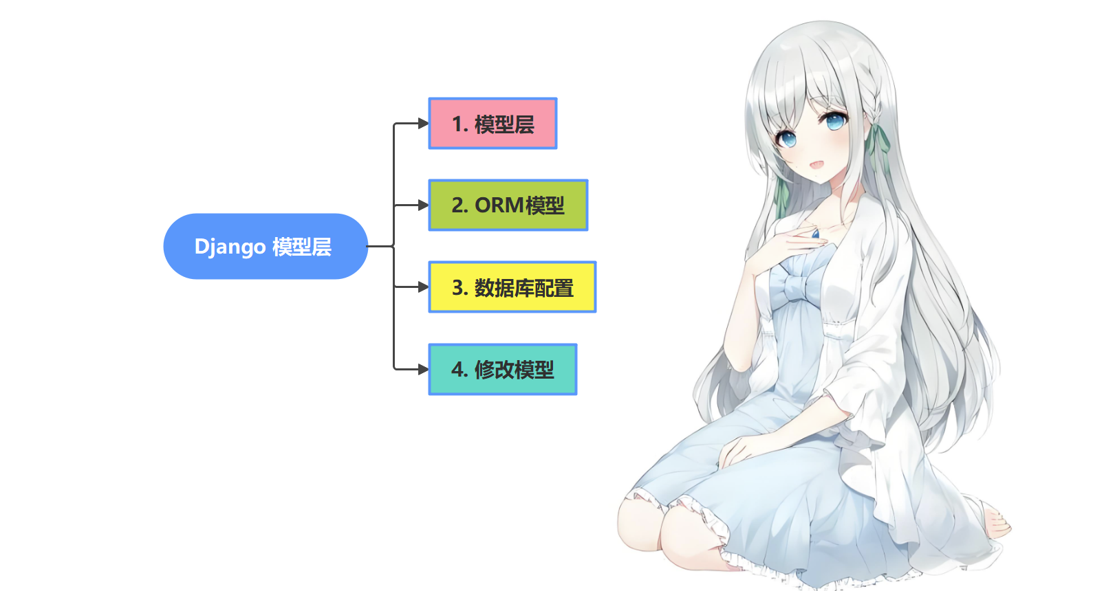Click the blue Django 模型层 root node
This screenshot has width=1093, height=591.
pyautogui.click(x=265, y=246)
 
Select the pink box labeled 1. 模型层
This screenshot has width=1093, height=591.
pyautogui.click(x=493, y=124)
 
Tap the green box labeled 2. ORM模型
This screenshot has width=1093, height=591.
pyautogui.click(x=508, y=205)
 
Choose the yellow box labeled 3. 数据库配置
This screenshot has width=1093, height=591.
pyautogui.click(x=512, y=287)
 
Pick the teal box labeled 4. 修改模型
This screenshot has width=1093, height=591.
pyautogui.click(x=502, y=370)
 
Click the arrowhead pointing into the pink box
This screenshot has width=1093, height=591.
pyautogui.click(x=423, y=124)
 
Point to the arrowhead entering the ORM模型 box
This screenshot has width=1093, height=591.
pyautogui.click(x=423, y=205)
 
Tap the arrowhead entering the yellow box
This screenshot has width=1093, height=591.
pyautogui.click(x=423, y=287)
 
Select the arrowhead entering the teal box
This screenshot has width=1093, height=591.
pyautogui.click(x=423, y=370)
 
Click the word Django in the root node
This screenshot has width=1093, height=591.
pyautogui.click(x=230, y=247)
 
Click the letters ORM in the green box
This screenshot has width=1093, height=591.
pyautogui.click(x=499, y=205)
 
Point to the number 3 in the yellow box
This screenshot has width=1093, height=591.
pyautogui.click(x=457, y=288)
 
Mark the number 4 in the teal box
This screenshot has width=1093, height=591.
pyautogui.click(x=457, y=370)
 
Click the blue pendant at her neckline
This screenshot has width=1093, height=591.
pyautogui.click(x=816, y=233)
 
